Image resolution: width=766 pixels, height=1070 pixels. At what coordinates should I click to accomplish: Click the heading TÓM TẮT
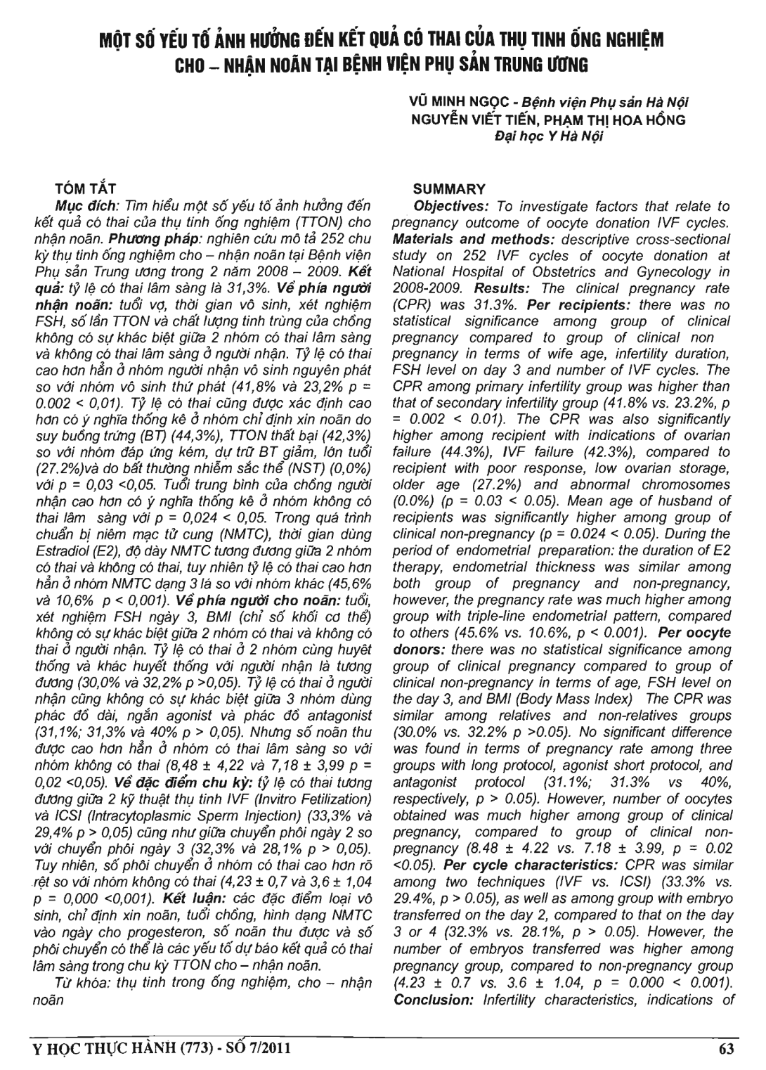[85, 188]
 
